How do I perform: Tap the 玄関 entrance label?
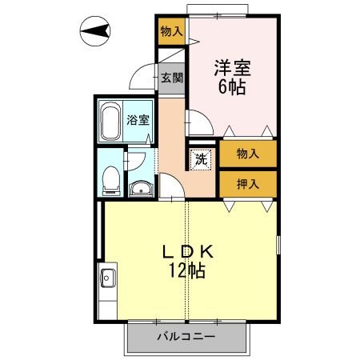[x=170, y=78]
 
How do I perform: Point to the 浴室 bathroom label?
[x=138, y=121]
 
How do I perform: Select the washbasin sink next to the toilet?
[x=140, y=189]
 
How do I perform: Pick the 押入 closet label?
[x=247, y=183]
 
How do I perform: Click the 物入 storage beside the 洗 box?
[x=247, y=153]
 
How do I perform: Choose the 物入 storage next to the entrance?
[x=171, y=32]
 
